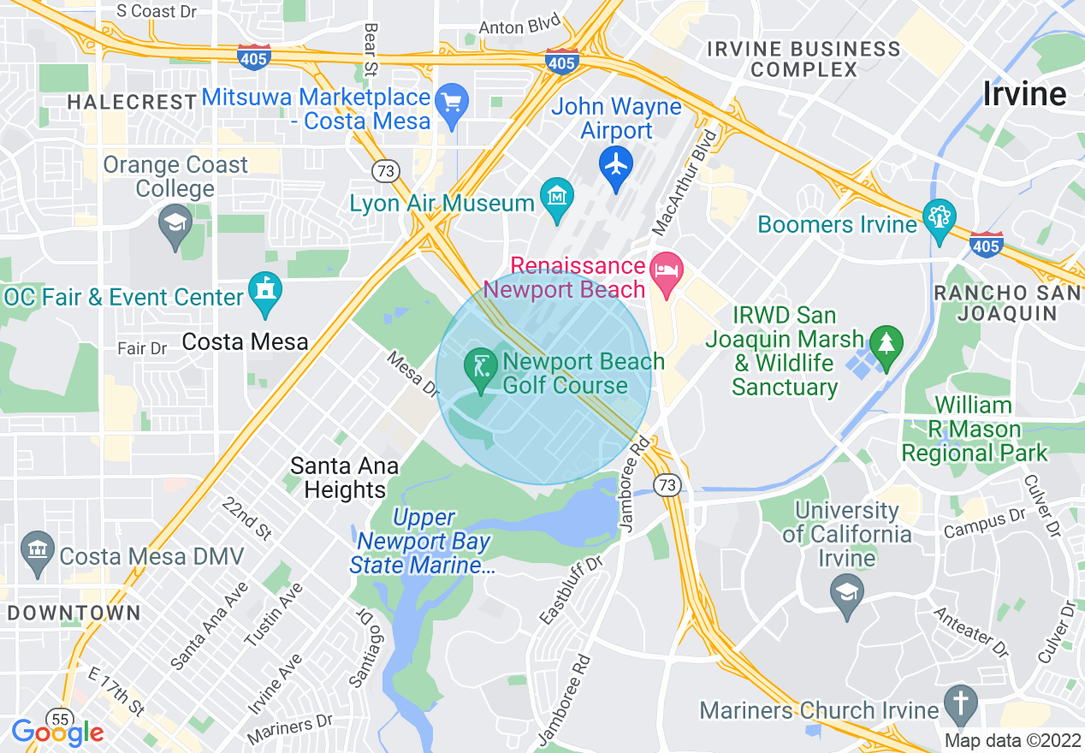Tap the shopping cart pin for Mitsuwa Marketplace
451,104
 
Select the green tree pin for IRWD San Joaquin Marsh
886,344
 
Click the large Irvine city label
1024,94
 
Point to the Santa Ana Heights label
344,477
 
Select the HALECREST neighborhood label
132,102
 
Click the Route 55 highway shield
60,719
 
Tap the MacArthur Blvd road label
684,182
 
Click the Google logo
57,732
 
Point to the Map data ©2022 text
1011,740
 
